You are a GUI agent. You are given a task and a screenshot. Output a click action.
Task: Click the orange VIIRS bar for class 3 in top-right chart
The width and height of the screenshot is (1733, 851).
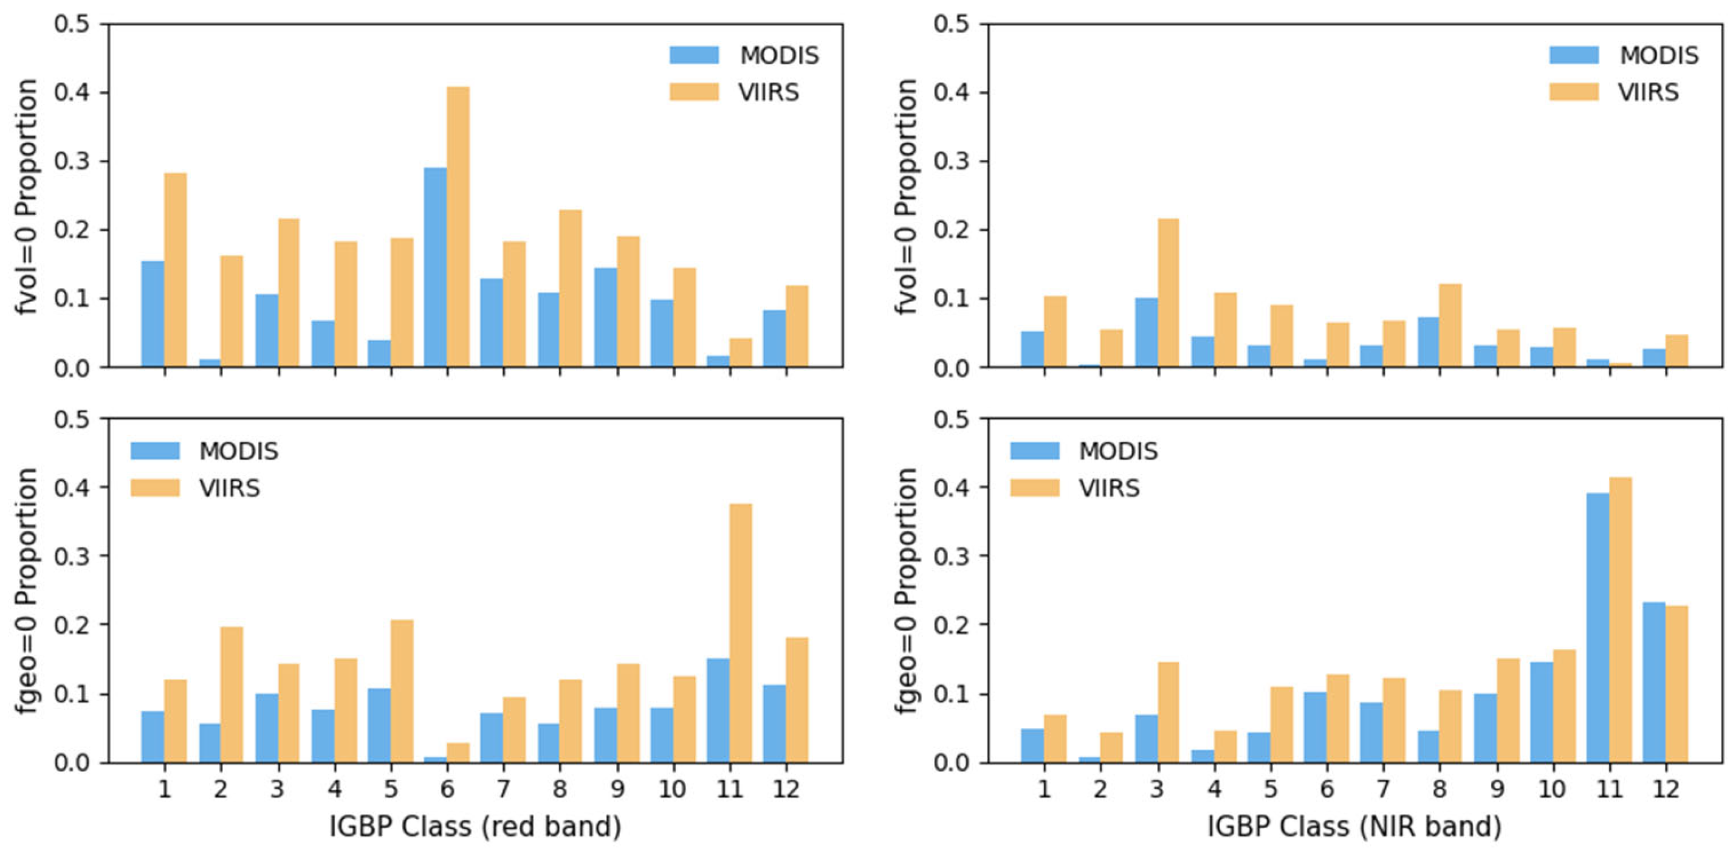1167,292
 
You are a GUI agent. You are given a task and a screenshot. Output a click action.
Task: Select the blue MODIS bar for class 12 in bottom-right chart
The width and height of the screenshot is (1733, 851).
1653,682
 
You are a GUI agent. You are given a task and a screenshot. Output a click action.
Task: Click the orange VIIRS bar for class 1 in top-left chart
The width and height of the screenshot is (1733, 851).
176,270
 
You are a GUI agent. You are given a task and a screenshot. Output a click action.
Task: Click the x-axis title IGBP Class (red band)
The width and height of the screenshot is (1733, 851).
475,826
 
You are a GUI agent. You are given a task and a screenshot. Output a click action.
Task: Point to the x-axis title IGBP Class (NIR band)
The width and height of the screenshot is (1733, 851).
1354,826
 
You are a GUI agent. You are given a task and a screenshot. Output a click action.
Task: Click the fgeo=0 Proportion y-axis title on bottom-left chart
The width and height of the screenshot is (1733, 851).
27,591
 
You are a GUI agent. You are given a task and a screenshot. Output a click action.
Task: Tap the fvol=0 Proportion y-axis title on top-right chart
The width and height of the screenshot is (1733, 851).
907,196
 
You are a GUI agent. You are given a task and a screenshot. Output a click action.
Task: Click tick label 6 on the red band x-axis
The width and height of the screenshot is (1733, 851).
447,788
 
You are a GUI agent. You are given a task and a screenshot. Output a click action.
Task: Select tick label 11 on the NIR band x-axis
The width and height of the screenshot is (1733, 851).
1609,788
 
